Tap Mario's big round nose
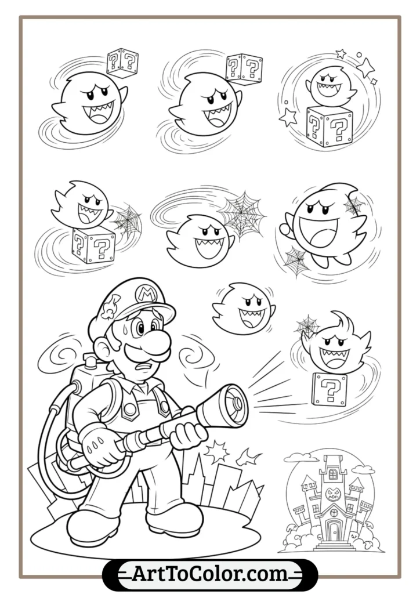tap(158, 341)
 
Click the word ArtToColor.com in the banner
tap(210, 574)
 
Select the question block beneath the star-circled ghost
tap(328, 125)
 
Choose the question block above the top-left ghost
tap(122, 62)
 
